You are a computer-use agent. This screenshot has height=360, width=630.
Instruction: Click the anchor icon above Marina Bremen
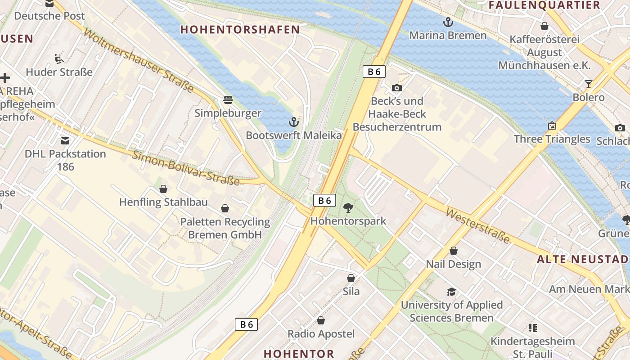[x=448, y=22]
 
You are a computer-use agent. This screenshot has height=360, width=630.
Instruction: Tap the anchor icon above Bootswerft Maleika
[x=293, y=121]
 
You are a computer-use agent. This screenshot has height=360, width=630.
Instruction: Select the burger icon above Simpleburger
[x=228, y=99]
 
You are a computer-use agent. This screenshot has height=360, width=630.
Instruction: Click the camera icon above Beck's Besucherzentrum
[x=396, y=88]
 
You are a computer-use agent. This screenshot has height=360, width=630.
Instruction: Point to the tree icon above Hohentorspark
[x=348, y=207]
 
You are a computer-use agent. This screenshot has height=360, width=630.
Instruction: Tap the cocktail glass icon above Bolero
[x=588, y=84]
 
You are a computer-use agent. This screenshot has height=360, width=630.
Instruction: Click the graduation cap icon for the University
[x=451, y=292]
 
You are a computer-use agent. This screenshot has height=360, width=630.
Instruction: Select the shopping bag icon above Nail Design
[x=454, y=251]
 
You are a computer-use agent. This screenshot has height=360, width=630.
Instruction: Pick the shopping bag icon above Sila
[x=351, y=278]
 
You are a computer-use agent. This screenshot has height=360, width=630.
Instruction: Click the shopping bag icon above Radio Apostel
[x=321, y=320]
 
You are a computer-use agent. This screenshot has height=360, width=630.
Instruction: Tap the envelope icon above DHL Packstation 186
[x=65, y=140]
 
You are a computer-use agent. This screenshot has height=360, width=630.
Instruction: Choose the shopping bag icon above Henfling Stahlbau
[x=163, y=189]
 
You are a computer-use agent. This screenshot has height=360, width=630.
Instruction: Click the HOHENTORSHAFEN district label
[x=240, y=30]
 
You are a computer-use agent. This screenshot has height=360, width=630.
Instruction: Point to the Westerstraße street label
[x=477, y=225]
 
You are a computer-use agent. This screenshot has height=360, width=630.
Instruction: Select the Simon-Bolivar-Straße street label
[x=185, y=168]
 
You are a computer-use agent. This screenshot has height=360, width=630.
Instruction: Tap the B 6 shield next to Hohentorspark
[x=324, y=200]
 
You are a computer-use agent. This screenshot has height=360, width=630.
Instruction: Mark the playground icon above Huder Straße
[x=59, y=58]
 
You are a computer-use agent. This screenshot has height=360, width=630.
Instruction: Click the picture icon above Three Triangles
[x=552, y=126]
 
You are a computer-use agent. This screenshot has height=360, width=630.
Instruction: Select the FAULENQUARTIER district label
[x=544, y=5]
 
